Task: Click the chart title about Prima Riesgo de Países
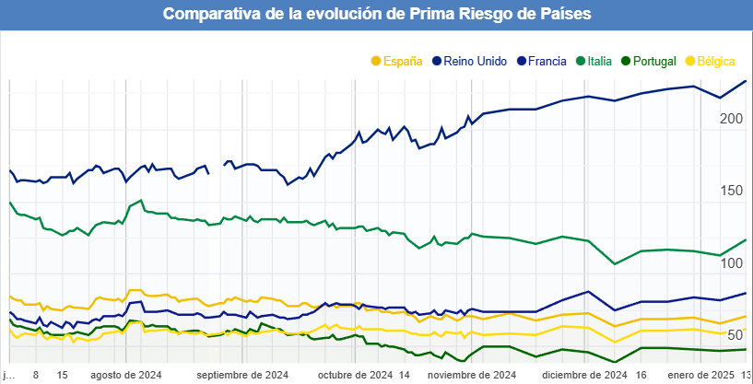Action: [x=377, y=15]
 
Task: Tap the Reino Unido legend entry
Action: [x=475, y=61]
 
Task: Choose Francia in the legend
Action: [x=547, y=61]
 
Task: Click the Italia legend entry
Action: [x=600, y=61]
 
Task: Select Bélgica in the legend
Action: [x=715, y=61]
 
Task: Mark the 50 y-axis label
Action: [x=735, y=335]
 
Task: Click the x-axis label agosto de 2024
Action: [x=126, y=376]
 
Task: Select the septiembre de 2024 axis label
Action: [x=242, y=376]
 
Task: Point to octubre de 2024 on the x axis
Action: [x=355, y=376]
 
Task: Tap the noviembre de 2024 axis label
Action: [x=472, y=376]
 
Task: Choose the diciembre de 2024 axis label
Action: [x=584, y=376]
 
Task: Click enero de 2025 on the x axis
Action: [x=700, y=376]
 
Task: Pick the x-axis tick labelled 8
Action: [x=36, y=376]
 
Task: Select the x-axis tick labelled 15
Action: [x=62, y=376]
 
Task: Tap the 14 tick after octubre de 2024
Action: [x=405, y=376]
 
